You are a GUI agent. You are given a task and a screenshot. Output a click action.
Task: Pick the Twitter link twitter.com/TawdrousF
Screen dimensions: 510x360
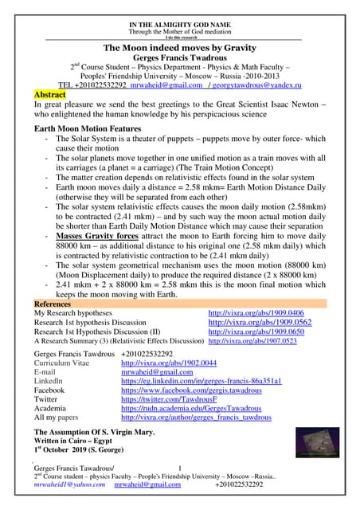(x=162, y=400)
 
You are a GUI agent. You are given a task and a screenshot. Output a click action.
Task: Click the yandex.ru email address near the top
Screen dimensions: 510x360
(x=260, y=84)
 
